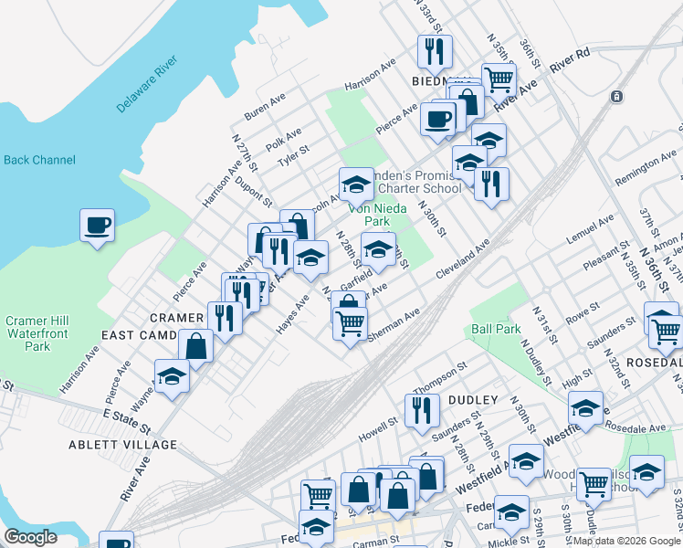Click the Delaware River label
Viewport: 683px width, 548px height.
[147, 87]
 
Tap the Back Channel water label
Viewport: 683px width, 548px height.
[39, 160]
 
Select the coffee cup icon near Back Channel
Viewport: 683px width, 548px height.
[97, 225]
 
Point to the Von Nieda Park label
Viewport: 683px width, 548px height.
[369, 215]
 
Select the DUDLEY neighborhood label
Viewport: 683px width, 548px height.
[473, 400]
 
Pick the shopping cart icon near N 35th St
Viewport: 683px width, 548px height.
[499, 79]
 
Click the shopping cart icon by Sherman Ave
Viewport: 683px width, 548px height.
[351, 322]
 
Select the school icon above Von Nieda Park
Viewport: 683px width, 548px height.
[356, 183]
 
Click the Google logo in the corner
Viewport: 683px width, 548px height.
[30, 537]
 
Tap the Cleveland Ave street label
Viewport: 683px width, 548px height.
[463, 259]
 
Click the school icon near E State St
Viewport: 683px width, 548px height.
[171, 376]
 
